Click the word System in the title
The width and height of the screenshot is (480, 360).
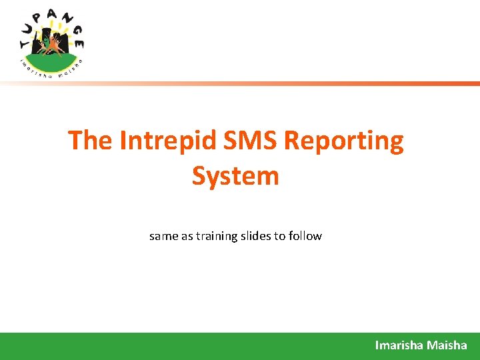tap(235, 177)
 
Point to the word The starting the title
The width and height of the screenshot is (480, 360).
tap(91, 141)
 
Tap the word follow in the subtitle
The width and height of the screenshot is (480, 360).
tap(305, 236)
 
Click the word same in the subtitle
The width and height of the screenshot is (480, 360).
tap(163, 236)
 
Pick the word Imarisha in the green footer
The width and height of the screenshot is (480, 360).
tap(397, 345)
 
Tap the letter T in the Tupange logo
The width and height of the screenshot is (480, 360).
tap(25, 44)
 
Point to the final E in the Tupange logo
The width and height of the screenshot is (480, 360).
tap(79, 44)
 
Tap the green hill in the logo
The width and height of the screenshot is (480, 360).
tap(51, 61)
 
